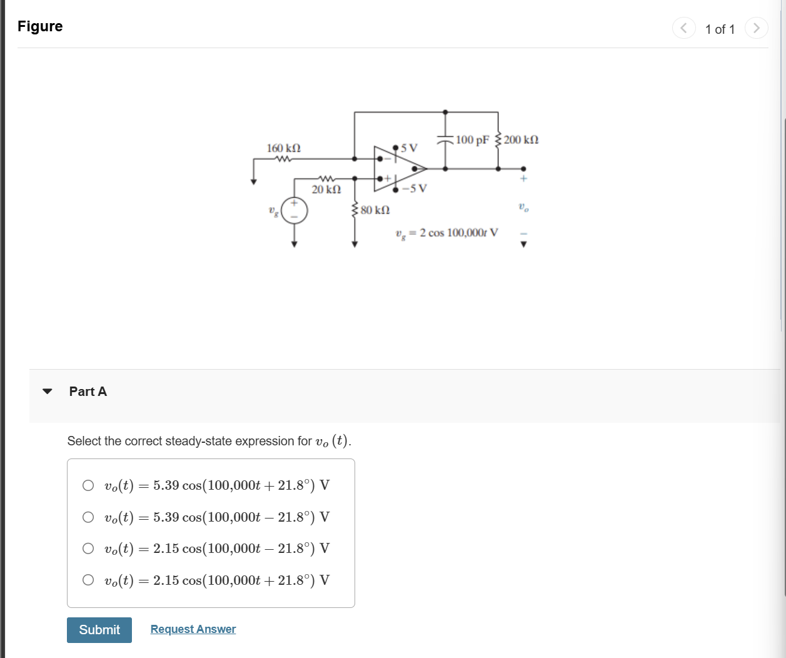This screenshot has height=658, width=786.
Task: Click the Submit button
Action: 99,630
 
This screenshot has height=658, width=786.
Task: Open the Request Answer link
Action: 193,629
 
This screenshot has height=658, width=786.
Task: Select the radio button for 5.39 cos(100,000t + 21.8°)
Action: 88,485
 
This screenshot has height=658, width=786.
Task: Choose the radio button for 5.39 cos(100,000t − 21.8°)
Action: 88,517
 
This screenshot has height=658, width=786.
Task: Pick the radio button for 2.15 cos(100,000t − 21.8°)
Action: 88,548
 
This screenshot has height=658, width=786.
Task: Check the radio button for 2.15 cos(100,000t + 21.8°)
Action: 88,580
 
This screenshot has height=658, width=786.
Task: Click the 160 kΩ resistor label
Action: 284,148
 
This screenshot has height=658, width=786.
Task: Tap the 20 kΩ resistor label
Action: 326,189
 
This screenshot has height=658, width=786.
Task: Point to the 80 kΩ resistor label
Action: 375,210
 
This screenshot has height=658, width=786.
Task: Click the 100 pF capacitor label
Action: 473,139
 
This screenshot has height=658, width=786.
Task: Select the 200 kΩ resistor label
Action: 521,139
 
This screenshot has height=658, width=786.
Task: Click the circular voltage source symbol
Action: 295,211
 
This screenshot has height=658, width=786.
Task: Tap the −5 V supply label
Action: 415,188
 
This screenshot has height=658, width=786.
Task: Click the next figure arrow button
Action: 756,28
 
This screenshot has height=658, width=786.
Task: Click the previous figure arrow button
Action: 683,28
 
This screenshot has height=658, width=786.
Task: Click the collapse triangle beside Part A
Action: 48,392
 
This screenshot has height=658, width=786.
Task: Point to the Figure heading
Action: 40,26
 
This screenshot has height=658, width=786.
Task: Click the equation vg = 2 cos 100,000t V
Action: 447,233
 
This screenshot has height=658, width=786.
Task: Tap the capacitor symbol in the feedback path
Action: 445,140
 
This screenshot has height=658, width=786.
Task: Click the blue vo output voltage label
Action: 523,207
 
